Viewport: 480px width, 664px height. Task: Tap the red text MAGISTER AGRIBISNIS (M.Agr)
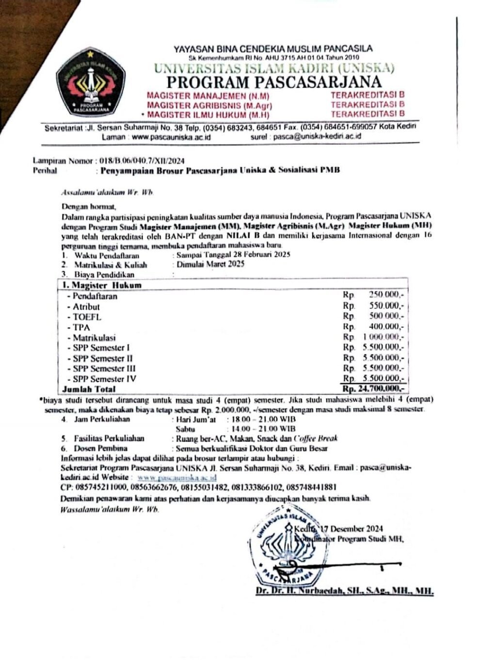(x=209, y=105)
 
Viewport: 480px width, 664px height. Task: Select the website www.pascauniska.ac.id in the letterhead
(x=171, y=137)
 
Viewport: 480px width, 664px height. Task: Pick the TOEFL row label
(x=87, y=317)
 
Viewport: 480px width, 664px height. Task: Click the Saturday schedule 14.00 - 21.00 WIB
(x=263, y=429)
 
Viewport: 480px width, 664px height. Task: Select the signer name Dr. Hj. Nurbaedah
(x=343, y=591)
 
